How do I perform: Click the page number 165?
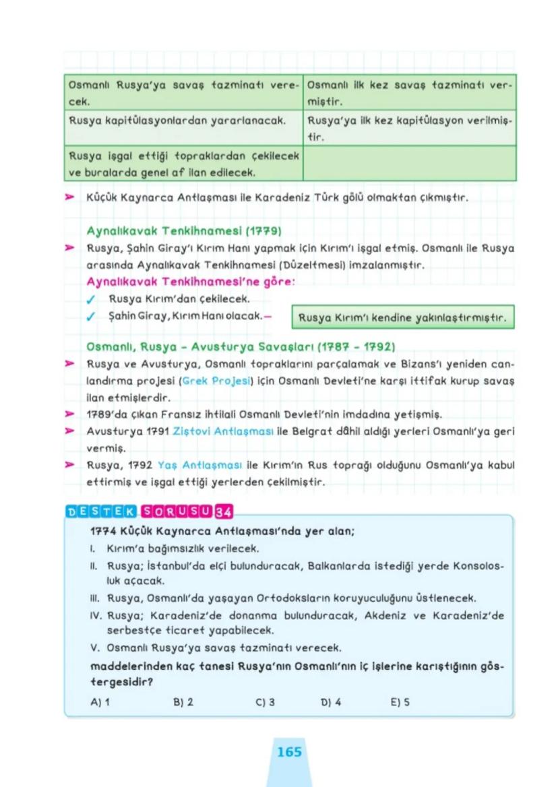click(x=289, y=751)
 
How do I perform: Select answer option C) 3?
click(x=266, y=701)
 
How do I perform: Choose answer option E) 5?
click(x=400, y=701)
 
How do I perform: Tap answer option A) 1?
click(x=100, y=701)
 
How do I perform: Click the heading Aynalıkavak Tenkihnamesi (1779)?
click(x=184, y=230)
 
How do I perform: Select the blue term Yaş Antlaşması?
click(x=195, y=464)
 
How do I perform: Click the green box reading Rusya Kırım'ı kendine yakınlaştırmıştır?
click(x=403, y=316)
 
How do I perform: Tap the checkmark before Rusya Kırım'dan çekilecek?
click(x=100, y=299)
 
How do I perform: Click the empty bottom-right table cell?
click(x=409, y=164)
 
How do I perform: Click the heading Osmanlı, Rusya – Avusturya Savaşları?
click(x=241, y=347)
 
